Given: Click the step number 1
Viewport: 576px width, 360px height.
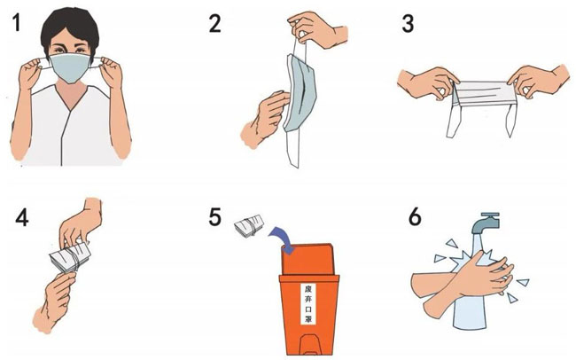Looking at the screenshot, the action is tap(17, 22).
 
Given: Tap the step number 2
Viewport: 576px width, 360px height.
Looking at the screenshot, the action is tap(215, 23).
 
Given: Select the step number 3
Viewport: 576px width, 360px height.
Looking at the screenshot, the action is tap(408, 23).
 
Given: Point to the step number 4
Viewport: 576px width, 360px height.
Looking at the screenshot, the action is tap(21, 217).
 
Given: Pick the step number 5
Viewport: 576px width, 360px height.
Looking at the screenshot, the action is tap(215, 216).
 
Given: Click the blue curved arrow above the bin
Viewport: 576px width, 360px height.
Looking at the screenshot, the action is tap(282, 239).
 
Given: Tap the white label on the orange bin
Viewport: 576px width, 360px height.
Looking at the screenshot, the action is tap(308, 304).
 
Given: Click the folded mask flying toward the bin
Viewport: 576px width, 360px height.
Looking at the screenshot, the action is tap(249, 224).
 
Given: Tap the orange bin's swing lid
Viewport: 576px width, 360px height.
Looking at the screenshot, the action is tap(307, 259).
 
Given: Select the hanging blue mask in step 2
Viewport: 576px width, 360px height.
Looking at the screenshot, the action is tap(300, 93).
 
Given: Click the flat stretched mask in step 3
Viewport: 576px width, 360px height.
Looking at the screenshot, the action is tap(482, 94).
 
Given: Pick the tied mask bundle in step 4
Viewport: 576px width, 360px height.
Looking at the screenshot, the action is tap(70, 257).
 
